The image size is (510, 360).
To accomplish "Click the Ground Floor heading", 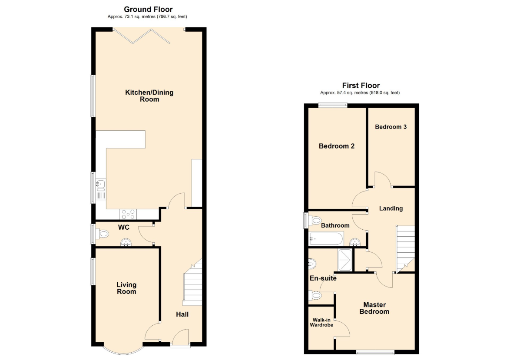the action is (x=148, y=10).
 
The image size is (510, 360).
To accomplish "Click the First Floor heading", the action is (x=361, y=86).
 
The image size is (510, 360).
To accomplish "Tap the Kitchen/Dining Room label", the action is (x=149, y=96).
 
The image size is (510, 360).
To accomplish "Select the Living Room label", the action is (x=126, y=288).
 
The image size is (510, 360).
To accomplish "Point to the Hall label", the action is (x=182, y=314).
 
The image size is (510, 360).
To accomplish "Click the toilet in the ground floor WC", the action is (x=102, y=234).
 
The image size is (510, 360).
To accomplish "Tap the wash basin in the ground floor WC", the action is (x=126, y=243).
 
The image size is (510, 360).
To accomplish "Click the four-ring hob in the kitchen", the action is (x=128, y=215).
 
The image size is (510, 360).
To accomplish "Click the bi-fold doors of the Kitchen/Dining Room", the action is (x=142, y=36).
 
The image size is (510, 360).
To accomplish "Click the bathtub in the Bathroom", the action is (x=326, y=239).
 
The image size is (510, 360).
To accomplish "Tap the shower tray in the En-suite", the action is (x=345, y=260).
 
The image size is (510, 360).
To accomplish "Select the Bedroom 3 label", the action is (x=391, y=127).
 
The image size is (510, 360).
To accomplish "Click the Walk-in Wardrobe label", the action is (x=321, y=322).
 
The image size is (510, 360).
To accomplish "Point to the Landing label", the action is (x=391, y=208).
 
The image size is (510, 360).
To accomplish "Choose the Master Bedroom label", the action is (x=374, y=308).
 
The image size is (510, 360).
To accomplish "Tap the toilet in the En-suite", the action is (x=315, y=296).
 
